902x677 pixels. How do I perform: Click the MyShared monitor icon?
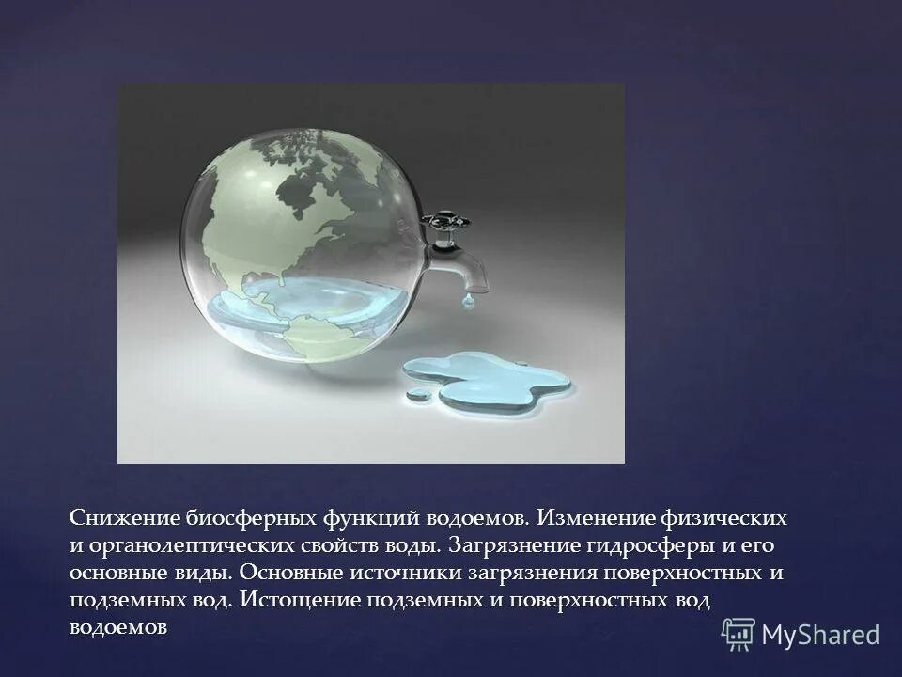739,634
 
